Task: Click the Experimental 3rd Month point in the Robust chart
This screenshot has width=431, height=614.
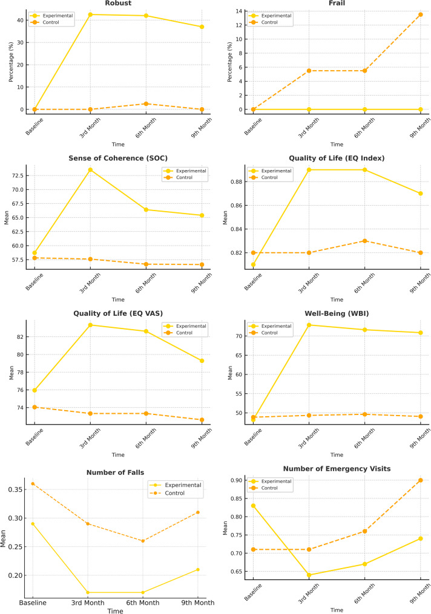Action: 90,15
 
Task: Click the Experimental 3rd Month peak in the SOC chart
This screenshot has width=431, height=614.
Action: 90,170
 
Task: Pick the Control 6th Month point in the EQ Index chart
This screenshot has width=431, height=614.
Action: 364,241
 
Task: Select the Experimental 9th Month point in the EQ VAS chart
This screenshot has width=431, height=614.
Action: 202,361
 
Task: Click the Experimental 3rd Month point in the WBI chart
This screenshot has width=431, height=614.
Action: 309,325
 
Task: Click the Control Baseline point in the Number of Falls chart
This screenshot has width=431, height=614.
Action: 33,484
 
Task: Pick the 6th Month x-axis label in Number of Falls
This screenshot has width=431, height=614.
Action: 143,603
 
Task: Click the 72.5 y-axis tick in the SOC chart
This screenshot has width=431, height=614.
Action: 17,175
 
